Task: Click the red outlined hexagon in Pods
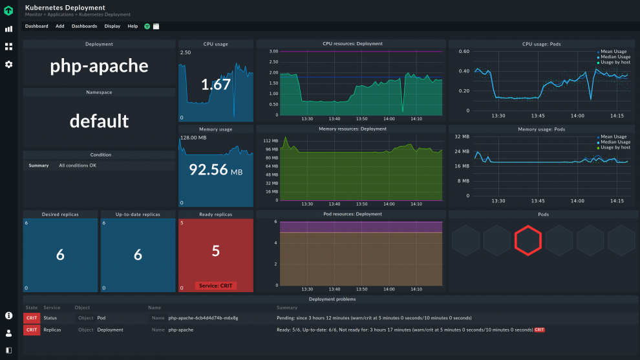click(x=528, y=240)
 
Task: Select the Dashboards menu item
click(x=84, y=26)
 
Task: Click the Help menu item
click(x=133, y=26)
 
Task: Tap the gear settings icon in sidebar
click(x=9, y=65)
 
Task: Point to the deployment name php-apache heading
click(x=99, y=66)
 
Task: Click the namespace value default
click(x=99, y=121)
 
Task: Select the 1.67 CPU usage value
click(x=216, y=85)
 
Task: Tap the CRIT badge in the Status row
click(x=31, y=318)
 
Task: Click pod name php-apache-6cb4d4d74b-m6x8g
click(x=203, y=318)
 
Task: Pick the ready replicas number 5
click(x=216, y=251)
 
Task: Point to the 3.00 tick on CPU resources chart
click(x=273, y=51)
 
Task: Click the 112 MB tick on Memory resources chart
click(x=271, y=140)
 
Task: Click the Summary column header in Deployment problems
click(x=286, y=308)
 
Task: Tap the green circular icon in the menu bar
click(x=147, y=26)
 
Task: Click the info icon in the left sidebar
click(x=9, y=315)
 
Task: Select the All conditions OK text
click(x=78, y=165)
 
